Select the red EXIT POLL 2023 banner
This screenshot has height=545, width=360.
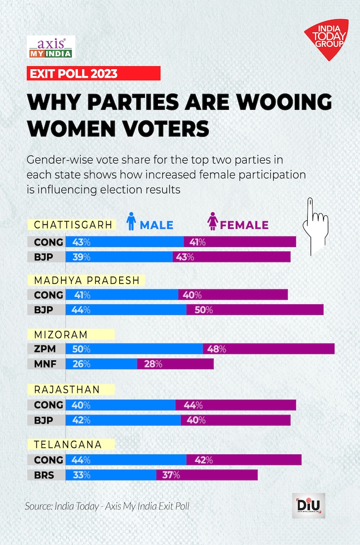point(93,73)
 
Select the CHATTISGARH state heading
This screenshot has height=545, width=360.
point(73,225)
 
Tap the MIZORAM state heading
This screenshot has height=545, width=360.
point(61,334)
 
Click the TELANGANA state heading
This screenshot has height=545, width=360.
point(68,445)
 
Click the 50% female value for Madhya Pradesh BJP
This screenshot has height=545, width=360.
point(203,310)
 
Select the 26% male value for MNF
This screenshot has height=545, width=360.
point(81,364)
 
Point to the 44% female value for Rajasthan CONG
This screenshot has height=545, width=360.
point(193,405)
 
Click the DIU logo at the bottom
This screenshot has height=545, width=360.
point(308,506)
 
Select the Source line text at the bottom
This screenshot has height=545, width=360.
point(107,506)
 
